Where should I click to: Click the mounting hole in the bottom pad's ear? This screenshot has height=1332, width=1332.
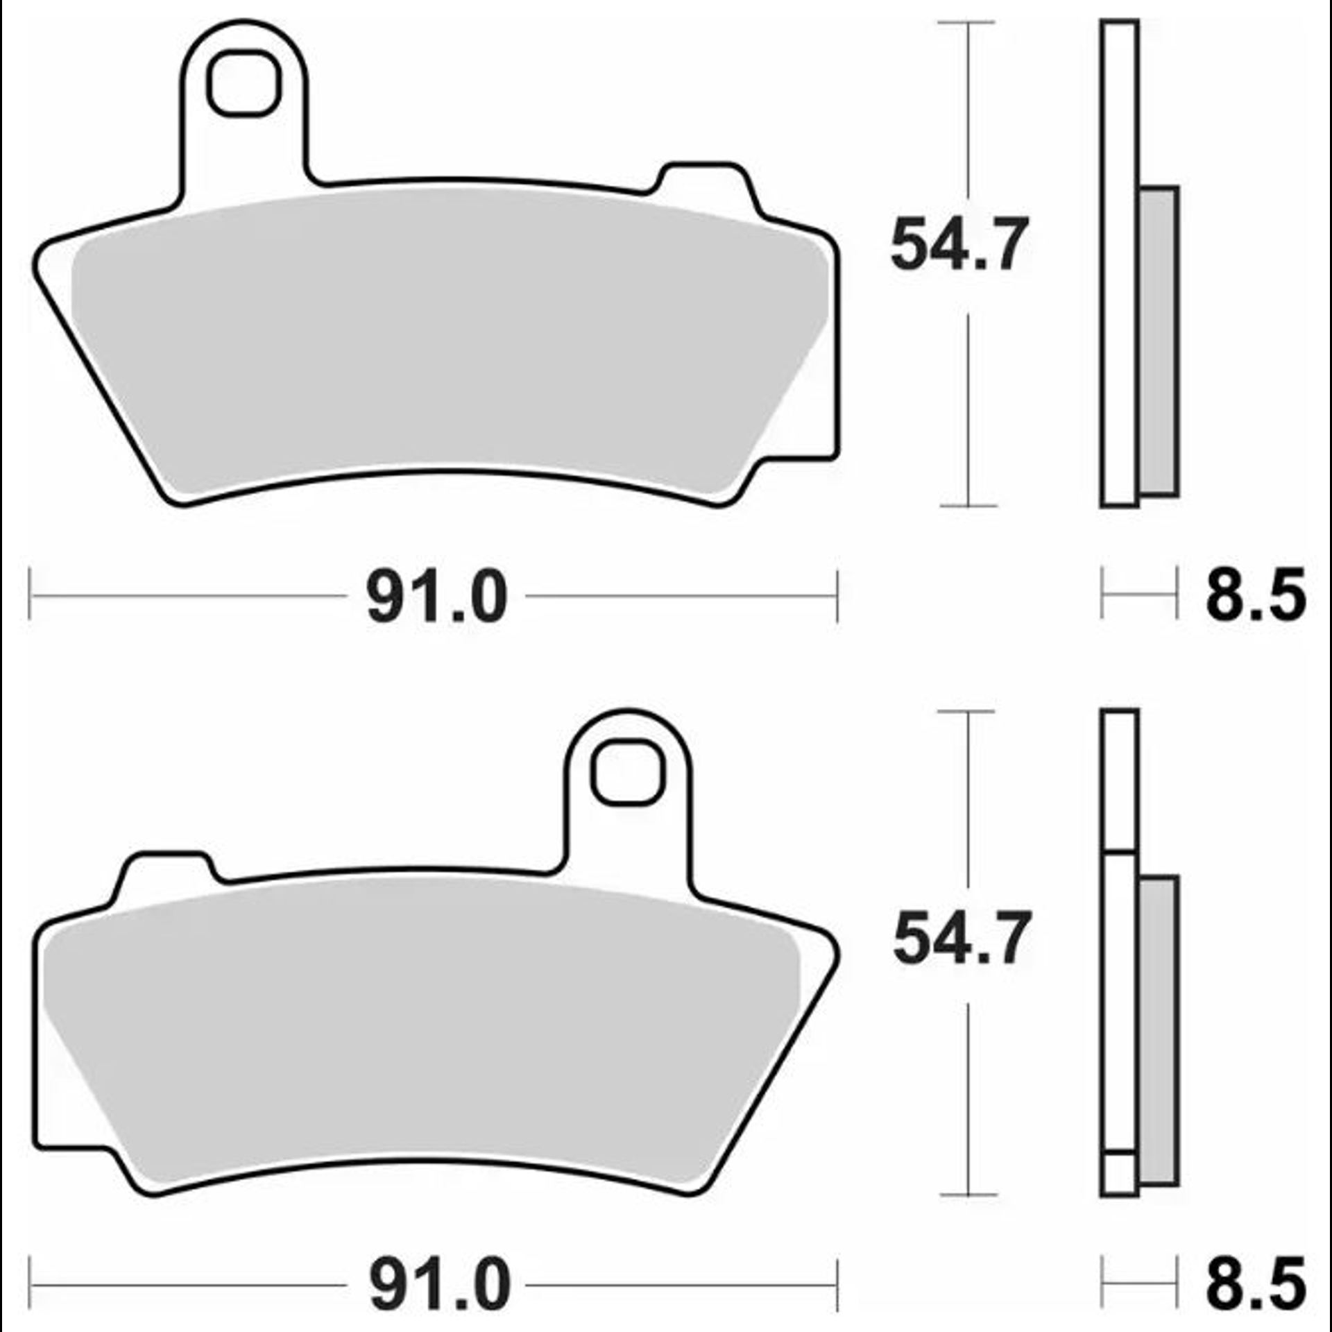point(627,773)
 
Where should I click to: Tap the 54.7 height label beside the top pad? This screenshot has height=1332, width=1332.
point(959,244)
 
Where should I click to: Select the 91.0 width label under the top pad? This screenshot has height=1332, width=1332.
point(437,597)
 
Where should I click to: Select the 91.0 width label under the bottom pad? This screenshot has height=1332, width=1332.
point(440,1285)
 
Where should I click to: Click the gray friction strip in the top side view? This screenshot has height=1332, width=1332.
point(1159,341)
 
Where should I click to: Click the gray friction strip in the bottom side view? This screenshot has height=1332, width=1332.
point(1159,1030)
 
